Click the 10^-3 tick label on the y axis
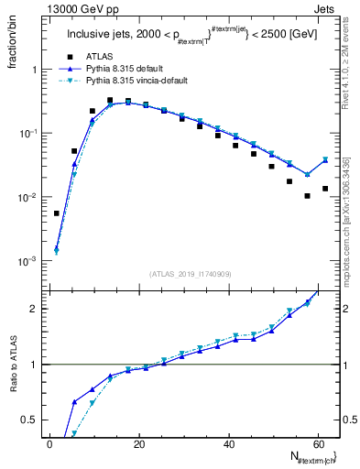pos(27,262)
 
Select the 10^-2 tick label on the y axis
pos(27,198)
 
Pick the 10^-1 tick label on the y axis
pos(27,134)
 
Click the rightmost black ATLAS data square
pos(325,189)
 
